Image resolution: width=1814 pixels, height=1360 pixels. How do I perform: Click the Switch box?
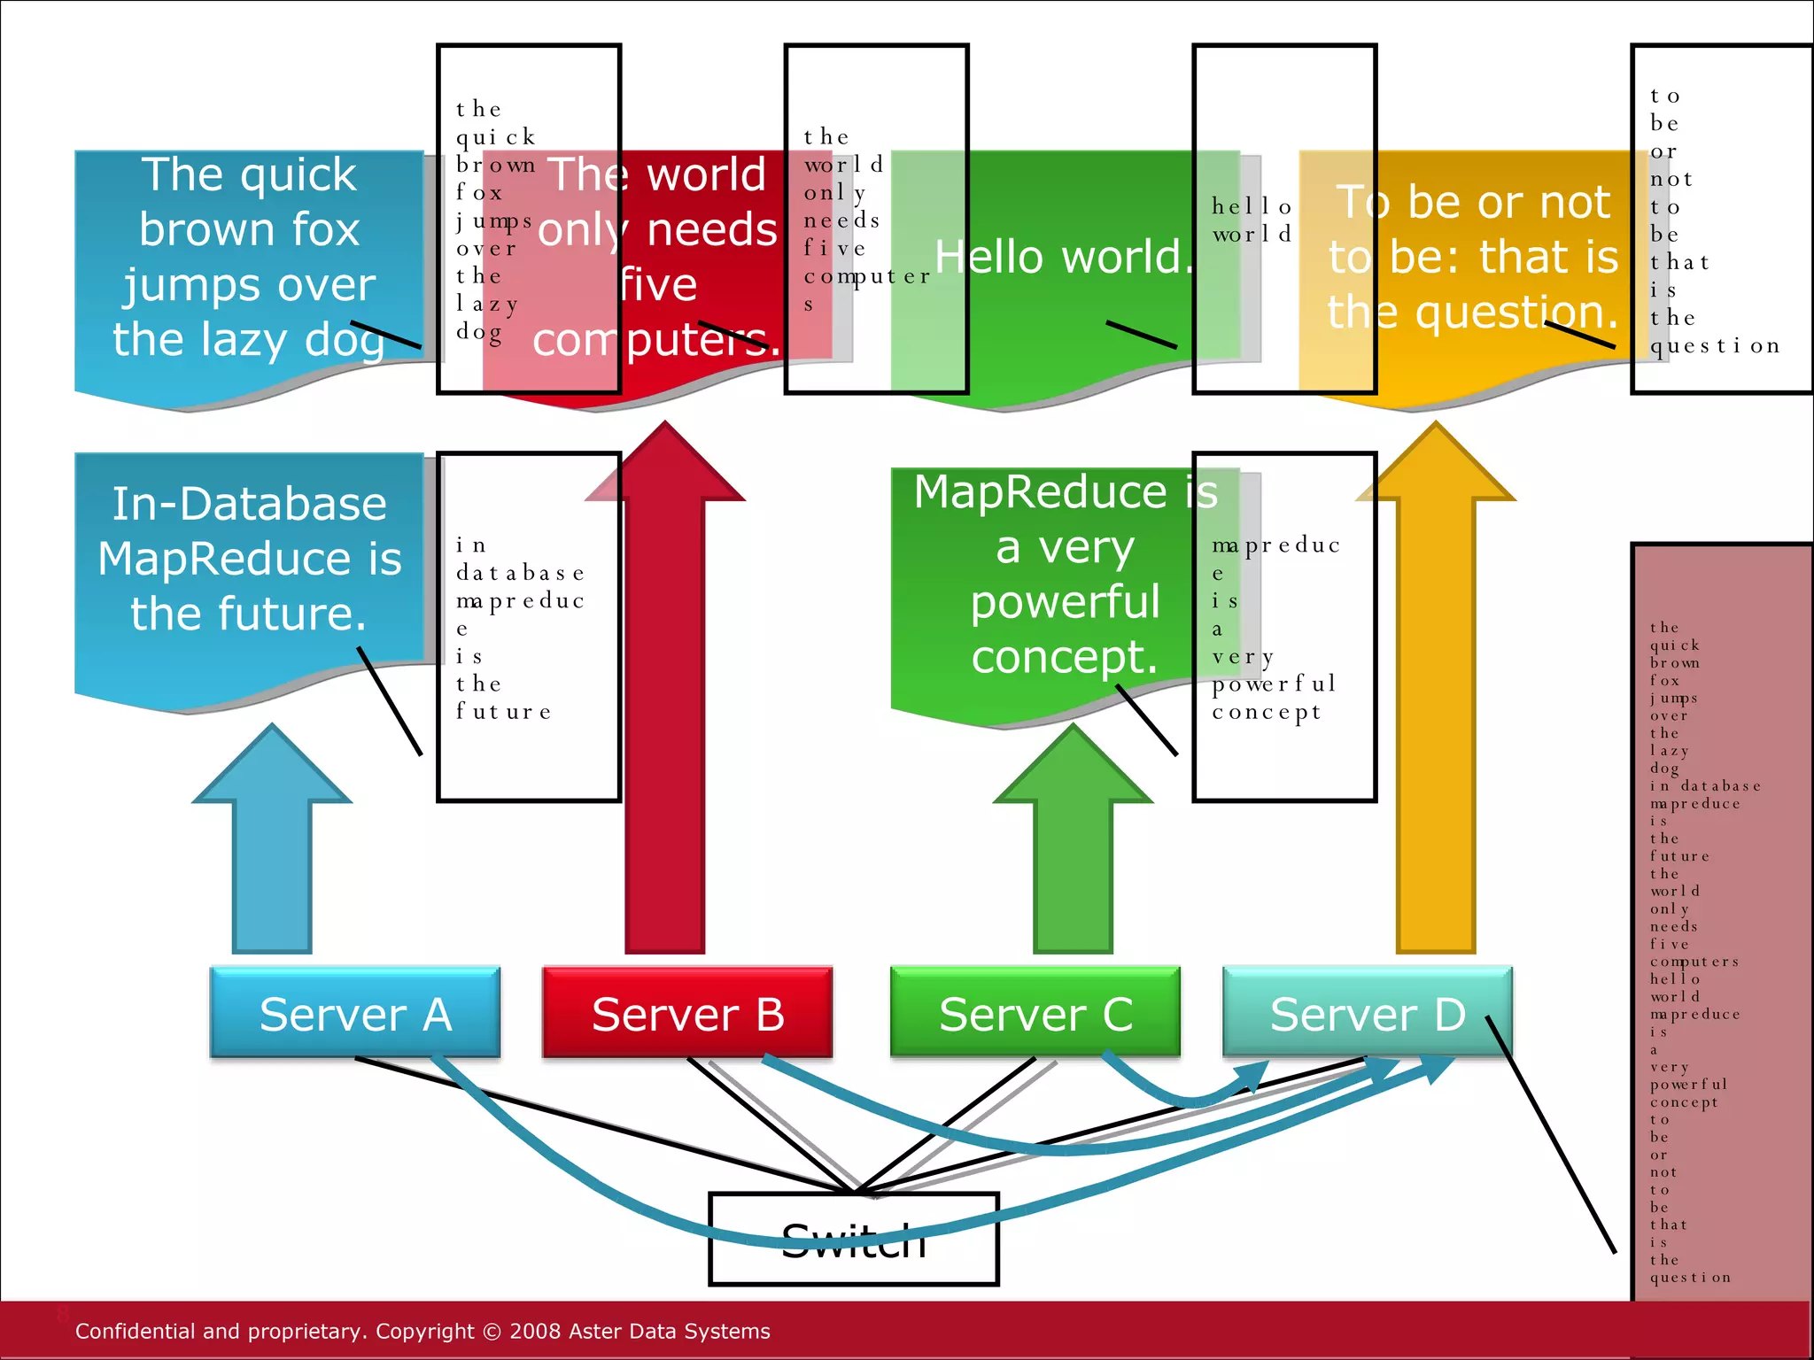[853, 1240]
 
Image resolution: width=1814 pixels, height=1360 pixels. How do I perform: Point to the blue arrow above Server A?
[272, 850]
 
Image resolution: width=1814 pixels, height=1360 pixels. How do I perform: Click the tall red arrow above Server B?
[664, 708]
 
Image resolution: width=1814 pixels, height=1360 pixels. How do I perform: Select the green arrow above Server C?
[1073, 850]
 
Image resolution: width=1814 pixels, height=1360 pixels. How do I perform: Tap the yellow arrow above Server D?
[1435, 708]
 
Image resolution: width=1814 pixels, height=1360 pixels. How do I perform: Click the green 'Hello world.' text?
[1063, 257]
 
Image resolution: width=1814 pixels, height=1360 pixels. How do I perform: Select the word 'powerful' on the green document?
[1065, 602]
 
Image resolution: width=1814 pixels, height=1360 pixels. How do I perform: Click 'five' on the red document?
[658, 285]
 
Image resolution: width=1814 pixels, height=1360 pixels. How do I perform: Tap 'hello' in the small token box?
[1251, 207]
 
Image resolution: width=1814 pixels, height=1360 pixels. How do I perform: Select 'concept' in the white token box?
[1266, 713]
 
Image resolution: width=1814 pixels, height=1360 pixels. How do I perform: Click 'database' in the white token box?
[520, 573]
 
